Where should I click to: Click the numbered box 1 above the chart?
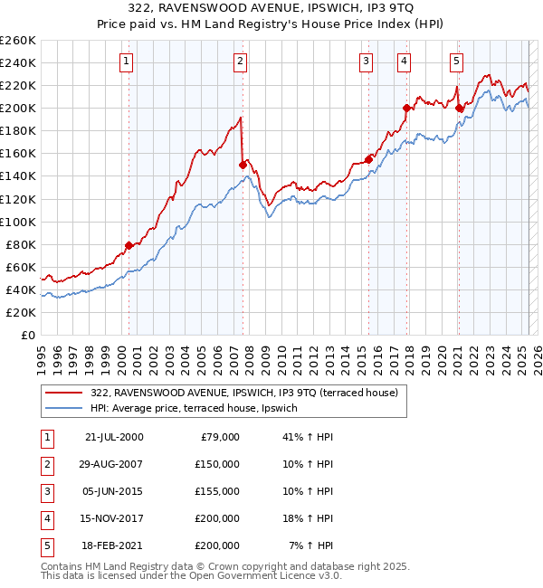click(125, 62)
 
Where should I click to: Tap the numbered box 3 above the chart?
click(366, 62)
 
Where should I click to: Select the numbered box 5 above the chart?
click(455, 62)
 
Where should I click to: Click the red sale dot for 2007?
click(243, 165)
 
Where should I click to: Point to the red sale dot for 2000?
click(129, 245)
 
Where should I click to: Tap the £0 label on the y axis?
click(27, 335)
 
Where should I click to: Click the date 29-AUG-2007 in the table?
click(112, 463)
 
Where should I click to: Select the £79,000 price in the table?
click(218, 436)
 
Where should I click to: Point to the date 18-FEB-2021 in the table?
click(112, 545)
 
